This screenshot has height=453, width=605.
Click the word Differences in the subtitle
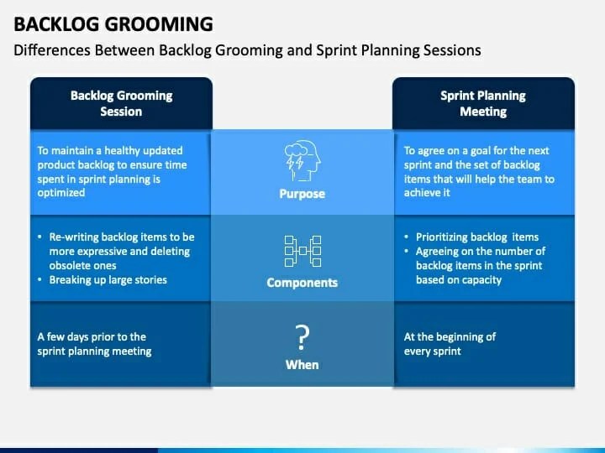pos(51,50)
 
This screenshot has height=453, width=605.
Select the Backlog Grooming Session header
pos(121,103)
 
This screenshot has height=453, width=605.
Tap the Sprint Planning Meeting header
pos(483,103)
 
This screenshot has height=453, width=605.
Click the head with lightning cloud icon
pos(302,160)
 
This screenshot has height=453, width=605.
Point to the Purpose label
pos(302,194)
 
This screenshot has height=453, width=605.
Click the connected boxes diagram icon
pos(302,250)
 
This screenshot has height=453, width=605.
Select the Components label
pos(302,283)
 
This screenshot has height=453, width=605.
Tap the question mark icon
pos(302,338)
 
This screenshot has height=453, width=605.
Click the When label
pos(302,365)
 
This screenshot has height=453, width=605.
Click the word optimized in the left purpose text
pos(61,192)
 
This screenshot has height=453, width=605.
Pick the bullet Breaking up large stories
pos(108,279)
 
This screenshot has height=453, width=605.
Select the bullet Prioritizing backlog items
pos(476,237)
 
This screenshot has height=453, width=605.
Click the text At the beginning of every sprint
pos(450,344)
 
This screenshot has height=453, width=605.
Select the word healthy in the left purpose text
pos(121,151)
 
